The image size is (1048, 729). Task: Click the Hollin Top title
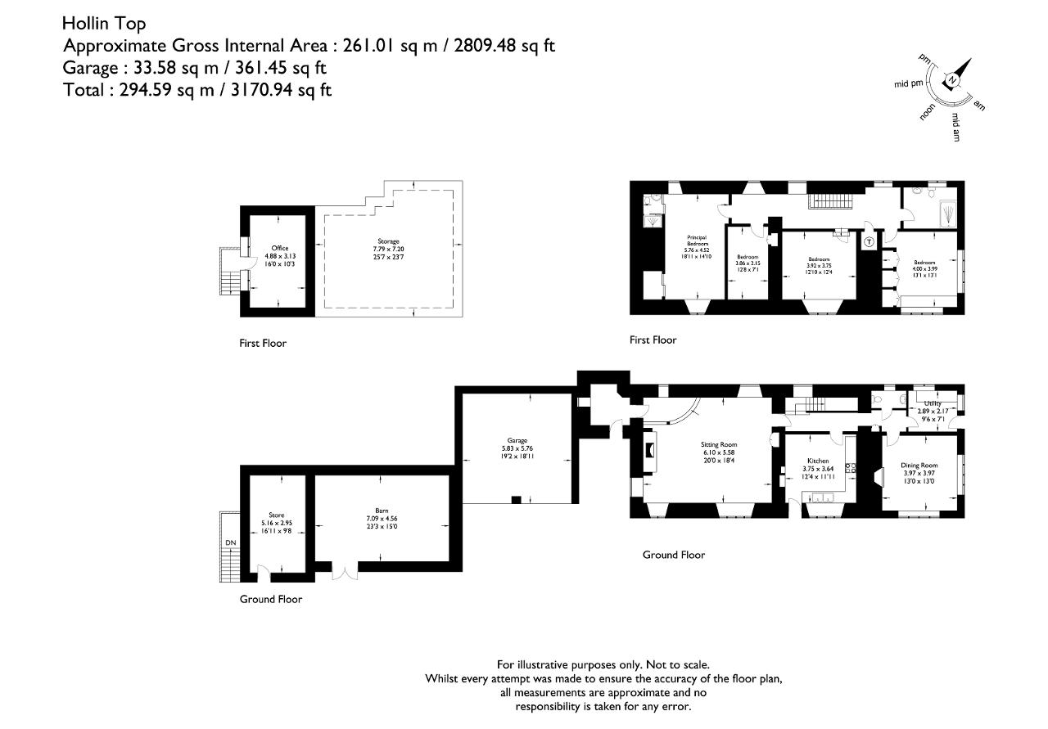click(104, 23)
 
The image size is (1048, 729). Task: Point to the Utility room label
click(933, 403)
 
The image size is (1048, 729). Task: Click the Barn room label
click(382, 511)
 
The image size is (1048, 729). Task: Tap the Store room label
click(276, 515)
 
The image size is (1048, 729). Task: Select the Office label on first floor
click(280, 248)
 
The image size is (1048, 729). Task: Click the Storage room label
click(388, 241)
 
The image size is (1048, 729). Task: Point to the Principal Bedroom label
click(697, 241)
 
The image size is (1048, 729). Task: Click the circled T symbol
click(869, 242)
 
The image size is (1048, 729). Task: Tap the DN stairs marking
click(229, 542)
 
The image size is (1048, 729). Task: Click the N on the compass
click(952, 79)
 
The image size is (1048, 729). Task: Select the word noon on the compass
click(928, 113)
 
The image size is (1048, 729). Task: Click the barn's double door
click(345, 572)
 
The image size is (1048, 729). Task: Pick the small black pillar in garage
click(515, 499)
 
